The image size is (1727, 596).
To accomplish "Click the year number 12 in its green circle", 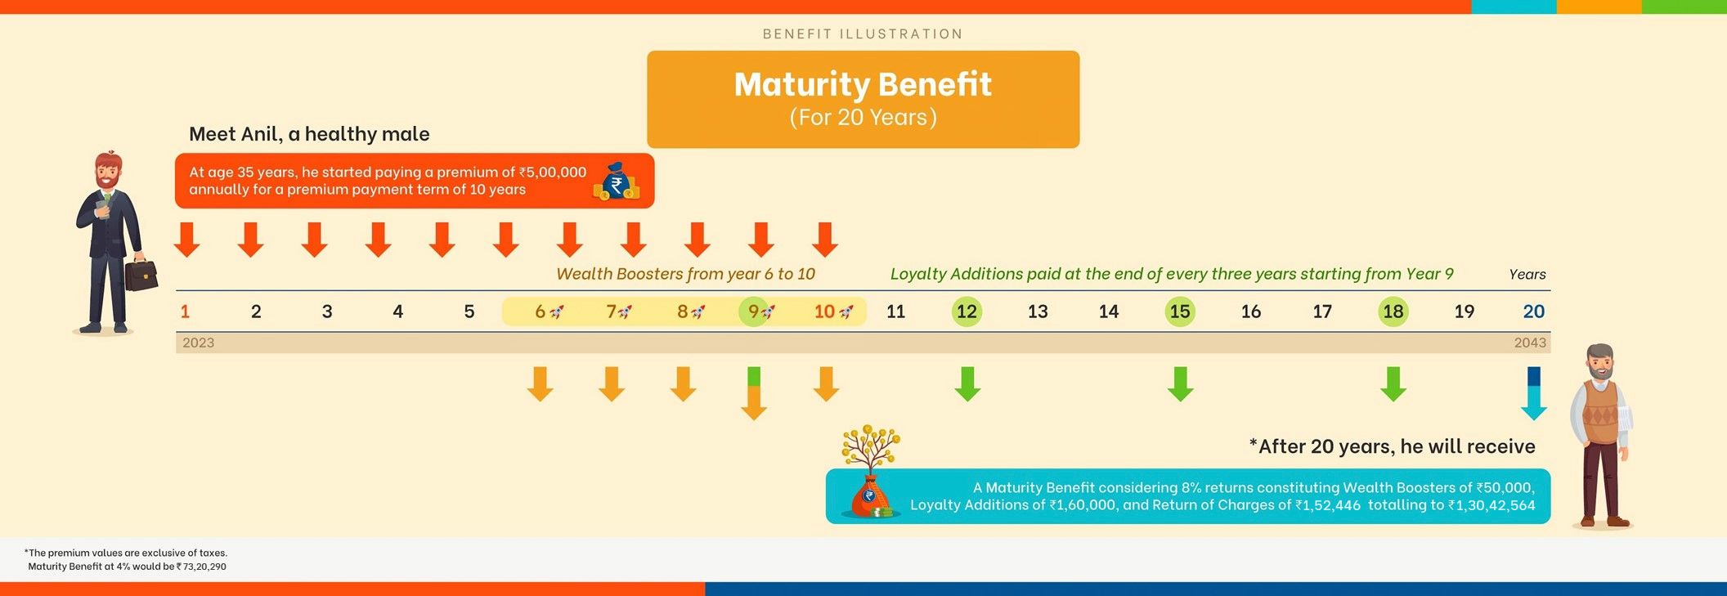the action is (967, 311).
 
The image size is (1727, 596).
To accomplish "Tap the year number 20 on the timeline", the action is (1533, 311).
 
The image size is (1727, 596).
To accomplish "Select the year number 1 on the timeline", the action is (185, 311).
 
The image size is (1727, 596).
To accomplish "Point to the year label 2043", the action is (1529, 343).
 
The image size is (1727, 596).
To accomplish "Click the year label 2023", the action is (198, 343).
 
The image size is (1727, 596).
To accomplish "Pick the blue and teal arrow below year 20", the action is (1534, 393).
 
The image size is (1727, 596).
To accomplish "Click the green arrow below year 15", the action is (1180, 384).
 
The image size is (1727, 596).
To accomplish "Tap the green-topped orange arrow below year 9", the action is (754, 393).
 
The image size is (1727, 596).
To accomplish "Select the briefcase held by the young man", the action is (141, 276).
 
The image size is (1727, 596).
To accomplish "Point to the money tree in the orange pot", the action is (870, 472).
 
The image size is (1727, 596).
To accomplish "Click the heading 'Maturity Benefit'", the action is (863, 84).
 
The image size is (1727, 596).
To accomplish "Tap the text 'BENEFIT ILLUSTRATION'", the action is (863, 34).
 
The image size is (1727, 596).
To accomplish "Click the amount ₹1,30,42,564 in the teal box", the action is (1491, 505).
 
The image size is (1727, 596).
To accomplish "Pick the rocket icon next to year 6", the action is (556, 311).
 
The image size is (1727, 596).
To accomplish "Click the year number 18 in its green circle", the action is (1393, 311).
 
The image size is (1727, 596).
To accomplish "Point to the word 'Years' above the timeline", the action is (1527, 275).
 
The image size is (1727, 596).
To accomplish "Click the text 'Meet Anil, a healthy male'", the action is (309, 134).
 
